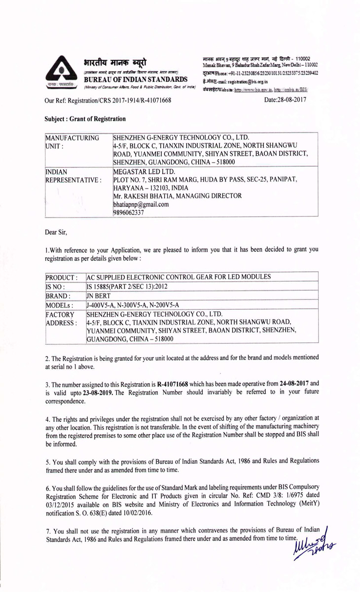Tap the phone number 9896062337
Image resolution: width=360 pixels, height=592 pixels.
pyautogui.click(x=130, y=212)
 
